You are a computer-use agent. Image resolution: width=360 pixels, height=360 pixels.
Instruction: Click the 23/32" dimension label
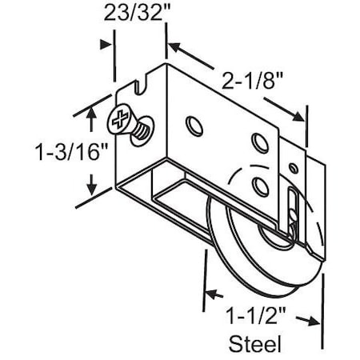pyautogui.click(x=135, y=14)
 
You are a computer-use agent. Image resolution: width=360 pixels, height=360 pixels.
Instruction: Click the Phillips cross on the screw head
pyautogui.click(x=118, y=122)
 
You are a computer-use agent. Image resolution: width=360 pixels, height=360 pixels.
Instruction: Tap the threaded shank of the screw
pyautogui.click(x=141, y=130)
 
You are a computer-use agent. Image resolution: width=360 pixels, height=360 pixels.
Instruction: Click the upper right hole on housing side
pyautogui.click(x=258, y=142)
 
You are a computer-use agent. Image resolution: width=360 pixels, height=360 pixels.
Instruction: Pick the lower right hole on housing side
pyautogui.click(x=258, y=186)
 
